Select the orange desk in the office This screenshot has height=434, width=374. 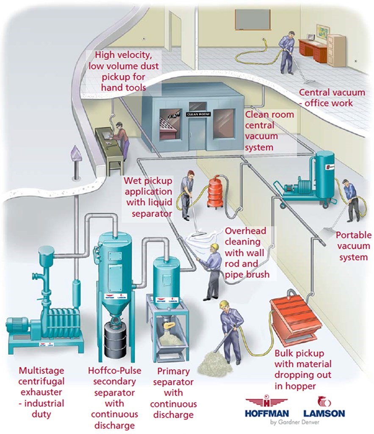pos(313,50)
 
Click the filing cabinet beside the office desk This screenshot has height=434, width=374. pos(336,50)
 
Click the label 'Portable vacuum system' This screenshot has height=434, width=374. pos(353,246)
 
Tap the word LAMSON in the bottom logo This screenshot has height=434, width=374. pos(324,413)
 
